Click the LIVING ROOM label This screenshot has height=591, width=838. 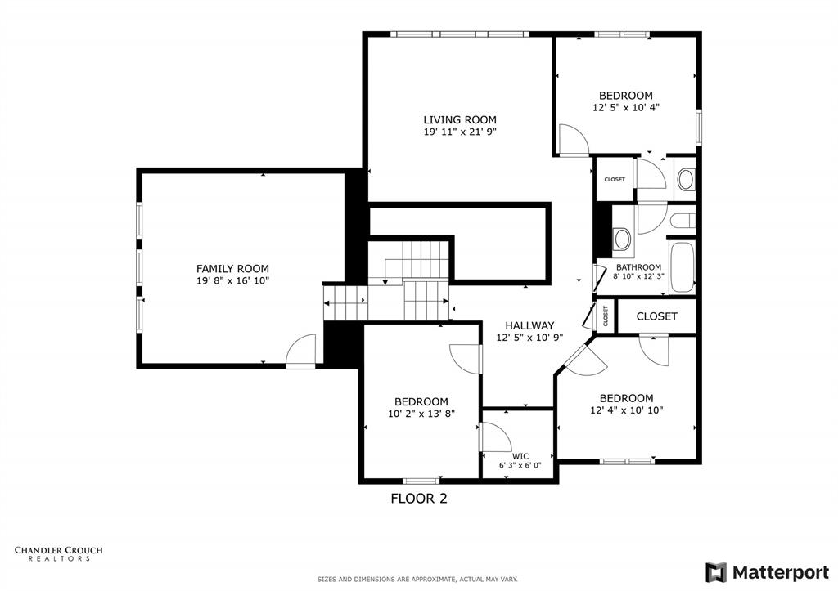459,119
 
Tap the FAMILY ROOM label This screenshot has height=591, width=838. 232,268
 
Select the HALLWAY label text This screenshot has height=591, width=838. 529,325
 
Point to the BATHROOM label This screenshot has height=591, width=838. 638,267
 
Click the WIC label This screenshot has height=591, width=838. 520,456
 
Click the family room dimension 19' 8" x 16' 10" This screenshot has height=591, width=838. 232,280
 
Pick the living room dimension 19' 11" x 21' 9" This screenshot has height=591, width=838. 459,132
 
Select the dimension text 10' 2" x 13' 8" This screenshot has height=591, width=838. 421,414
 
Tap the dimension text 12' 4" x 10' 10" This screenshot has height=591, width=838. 627,410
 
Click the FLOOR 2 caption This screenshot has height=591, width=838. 418,498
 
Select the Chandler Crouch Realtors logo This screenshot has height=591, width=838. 58,554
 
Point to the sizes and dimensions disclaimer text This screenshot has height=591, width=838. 417,580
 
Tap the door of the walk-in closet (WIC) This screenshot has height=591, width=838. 494,437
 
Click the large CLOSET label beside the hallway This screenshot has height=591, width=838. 656,316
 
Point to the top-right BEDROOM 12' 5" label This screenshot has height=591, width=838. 625,96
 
